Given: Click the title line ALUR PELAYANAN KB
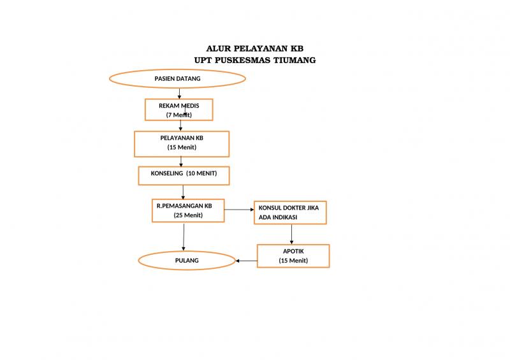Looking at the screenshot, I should click(255, 48).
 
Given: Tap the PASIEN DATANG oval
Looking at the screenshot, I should click(178, 78).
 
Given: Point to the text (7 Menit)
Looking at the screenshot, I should click(179, 115).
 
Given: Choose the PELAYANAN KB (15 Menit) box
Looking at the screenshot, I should click(182, 143).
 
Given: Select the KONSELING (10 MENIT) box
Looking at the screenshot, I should click(184, 174).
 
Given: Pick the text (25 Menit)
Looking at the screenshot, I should click(188, 215).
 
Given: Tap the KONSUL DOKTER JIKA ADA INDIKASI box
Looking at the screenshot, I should click(290, 212).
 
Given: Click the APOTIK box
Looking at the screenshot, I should click(293, 256).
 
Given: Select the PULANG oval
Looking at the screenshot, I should click(187, 261).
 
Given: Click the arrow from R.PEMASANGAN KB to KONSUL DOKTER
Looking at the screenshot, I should click(239, 209).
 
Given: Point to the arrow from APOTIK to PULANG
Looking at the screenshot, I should click(247, 260).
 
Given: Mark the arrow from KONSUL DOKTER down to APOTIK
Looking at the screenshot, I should click(292, 234).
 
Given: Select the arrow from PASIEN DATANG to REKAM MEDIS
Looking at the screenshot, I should click(178, 92).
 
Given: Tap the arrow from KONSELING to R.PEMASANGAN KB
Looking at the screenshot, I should click(183, 191).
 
